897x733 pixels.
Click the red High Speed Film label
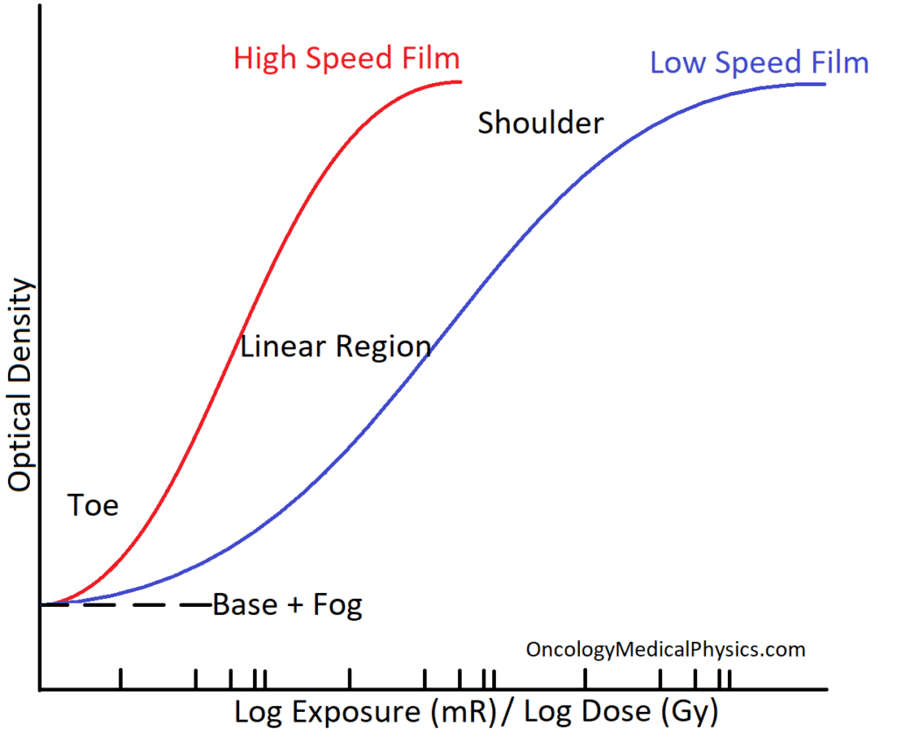tap(346, 59)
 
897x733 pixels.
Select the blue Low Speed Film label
tap(759, 63)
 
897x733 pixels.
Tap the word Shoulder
tap(540, 123)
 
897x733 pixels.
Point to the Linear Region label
tap(335, 347)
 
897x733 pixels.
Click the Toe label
tap(93, 505)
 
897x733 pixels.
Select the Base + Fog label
tap(287, 605)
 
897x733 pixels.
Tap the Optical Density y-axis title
tap(20, 385)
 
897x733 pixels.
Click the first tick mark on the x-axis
tap(120, 679)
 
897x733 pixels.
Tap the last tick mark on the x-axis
tap(729, 679)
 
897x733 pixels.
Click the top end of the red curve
tap(460, 81)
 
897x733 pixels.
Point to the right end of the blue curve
tap(823, 84)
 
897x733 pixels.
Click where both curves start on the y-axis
tap(41, 604)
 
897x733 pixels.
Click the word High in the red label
tap(265, 59)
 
